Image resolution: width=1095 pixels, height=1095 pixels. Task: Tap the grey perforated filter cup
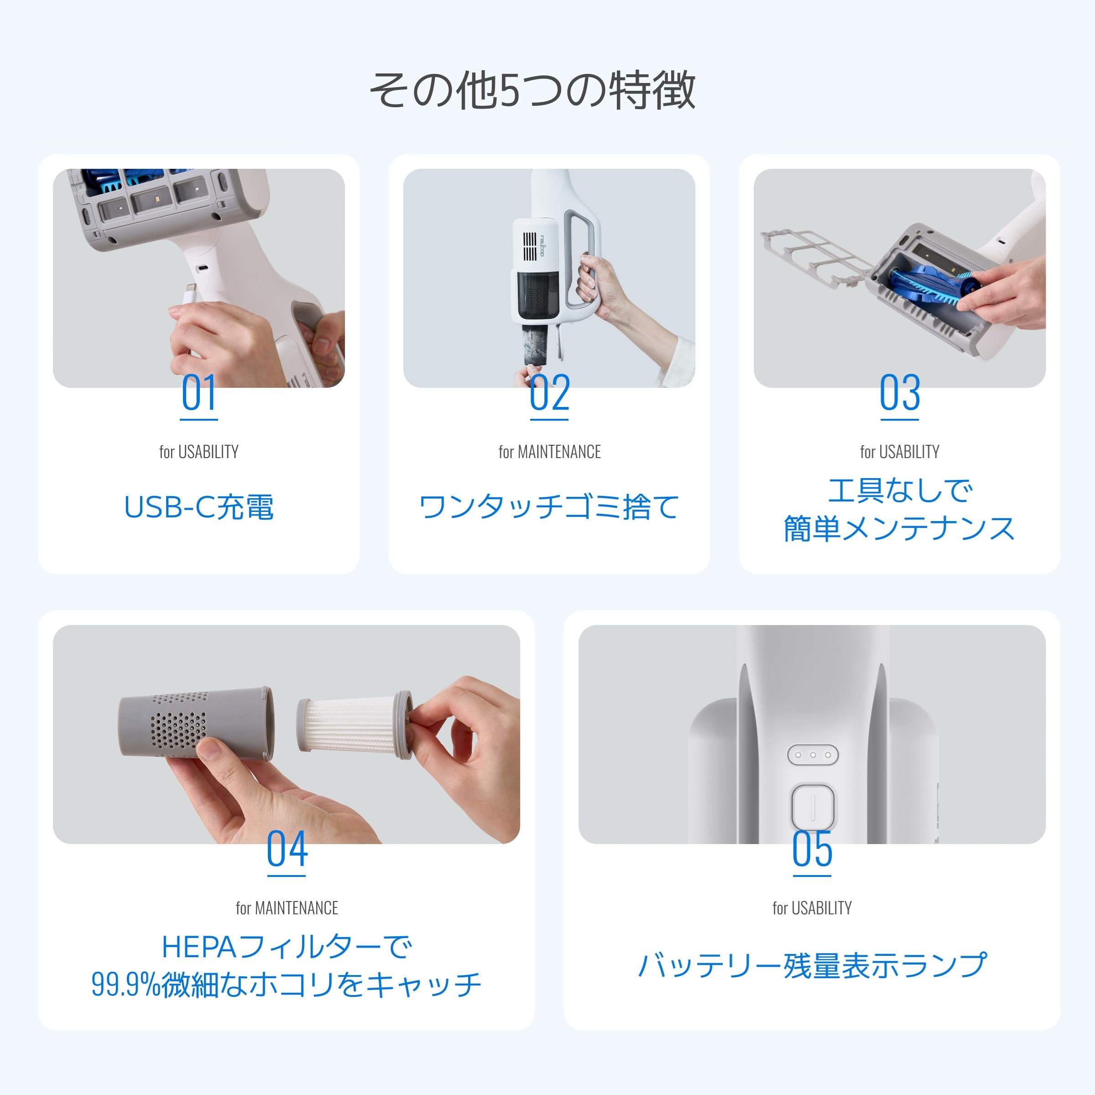[x=196, y=723]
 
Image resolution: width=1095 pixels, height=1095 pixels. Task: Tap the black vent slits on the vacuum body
[x=529, y=246]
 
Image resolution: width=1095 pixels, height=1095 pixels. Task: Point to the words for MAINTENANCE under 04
[x=287, y=908]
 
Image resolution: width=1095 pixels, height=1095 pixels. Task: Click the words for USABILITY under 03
[x=899, y=452]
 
